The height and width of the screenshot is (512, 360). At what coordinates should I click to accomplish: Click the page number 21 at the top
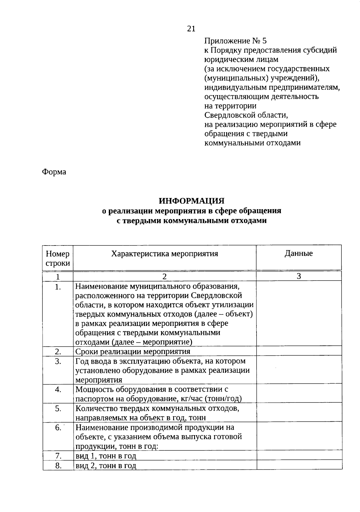pyautogui.click(x=191, y=29)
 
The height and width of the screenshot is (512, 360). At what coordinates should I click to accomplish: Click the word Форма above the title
pyautogui.click(x=54, y=172)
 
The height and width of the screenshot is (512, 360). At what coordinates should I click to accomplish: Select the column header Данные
pyautogui.click(x=298, y=253)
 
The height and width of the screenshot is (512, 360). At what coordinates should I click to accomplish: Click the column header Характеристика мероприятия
pyautogui.click(x=164, y=254)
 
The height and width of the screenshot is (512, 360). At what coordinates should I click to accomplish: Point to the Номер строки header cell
pyautogui.click(x=58, y=258)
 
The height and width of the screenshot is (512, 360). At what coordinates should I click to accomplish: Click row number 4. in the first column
pyautogui.click(x=58, y=390)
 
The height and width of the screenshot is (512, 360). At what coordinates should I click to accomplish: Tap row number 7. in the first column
pyautogui.click(x=58, y=456)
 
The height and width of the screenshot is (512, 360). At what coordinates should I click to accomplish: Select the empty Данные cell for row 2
pyautogui.click(x=299, y=351)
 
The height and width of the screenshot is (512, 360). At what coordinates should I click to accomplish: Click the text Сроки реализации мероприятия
pyautogui.click(x=133, y=351)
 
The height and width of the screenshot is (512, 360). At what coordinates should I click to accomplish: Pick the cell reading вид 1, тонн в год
pyautogui.click(x=106, y=456)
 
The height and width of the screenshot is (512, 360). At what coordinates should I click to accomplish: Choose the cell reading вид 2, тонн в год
pyautogui.click(x=106, y=465)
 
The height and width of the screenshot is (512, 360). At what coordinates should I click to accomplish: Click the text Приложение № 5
pyautogui.click(x=235, y=41)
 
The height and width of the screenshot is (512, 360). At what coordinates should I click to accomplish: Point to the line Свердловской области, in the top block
pyautogui.click(x=246, y=115)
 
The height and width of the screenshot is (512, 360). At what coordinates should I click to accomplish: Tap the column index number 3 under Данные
pyautogui.click(x=299, y=276)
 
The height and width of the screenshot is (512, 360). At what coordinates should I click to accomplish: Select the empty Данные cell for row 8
pyautogui.click(x=299, y=465)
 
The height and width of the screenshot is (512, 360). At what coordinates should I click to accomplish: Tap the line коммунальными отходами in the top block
pyautogui.click(x=252, y=143)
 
